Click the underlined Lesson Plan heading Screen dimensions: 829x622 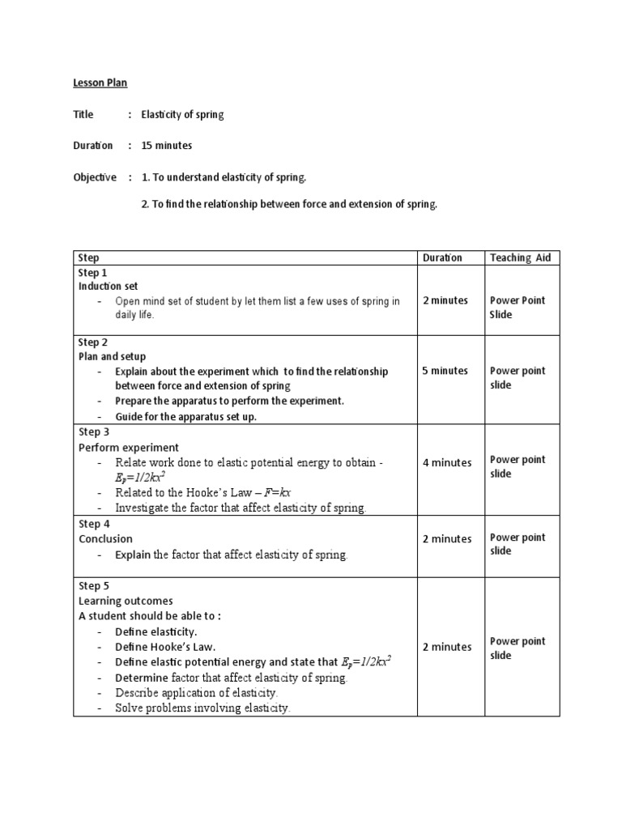100,83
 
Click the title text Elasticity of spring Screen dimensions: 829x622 182,114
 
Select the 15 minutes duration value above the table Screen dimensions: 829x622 167,146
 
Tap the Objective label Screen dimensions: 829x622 95,177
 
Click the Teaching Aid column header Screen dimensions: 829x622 520,257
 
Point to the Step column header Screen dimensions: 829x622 89,257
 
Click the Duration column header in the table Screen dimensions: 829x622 442,257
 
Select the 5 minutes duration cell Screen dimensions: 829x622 445,371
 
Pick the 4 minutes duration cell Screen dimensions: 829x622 446,463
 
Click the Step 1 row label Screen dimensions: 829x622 92,273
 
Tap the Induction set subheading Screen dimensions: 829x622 108,287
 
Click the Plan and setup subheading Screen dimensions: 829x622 112,356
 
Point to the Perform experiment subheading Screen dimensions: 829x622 129,448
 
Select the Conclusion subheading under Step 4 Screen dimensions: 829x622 105,539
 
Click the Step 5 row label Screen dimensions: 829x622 92,585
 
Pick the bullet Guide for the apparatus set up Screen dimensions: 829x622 185,417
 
